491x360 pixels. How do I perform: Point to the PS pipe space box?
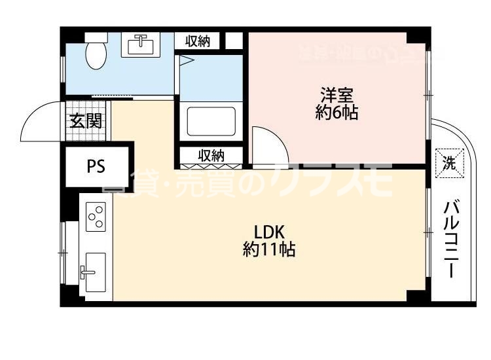(x=97, y=166)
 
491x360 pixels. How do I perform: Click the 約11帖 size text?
(x=268, y=249)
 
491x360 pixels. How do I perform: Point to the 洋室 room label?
(x=336, y=94)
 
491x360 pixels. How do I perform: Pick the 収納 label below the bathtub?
(x=211, y=156)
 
